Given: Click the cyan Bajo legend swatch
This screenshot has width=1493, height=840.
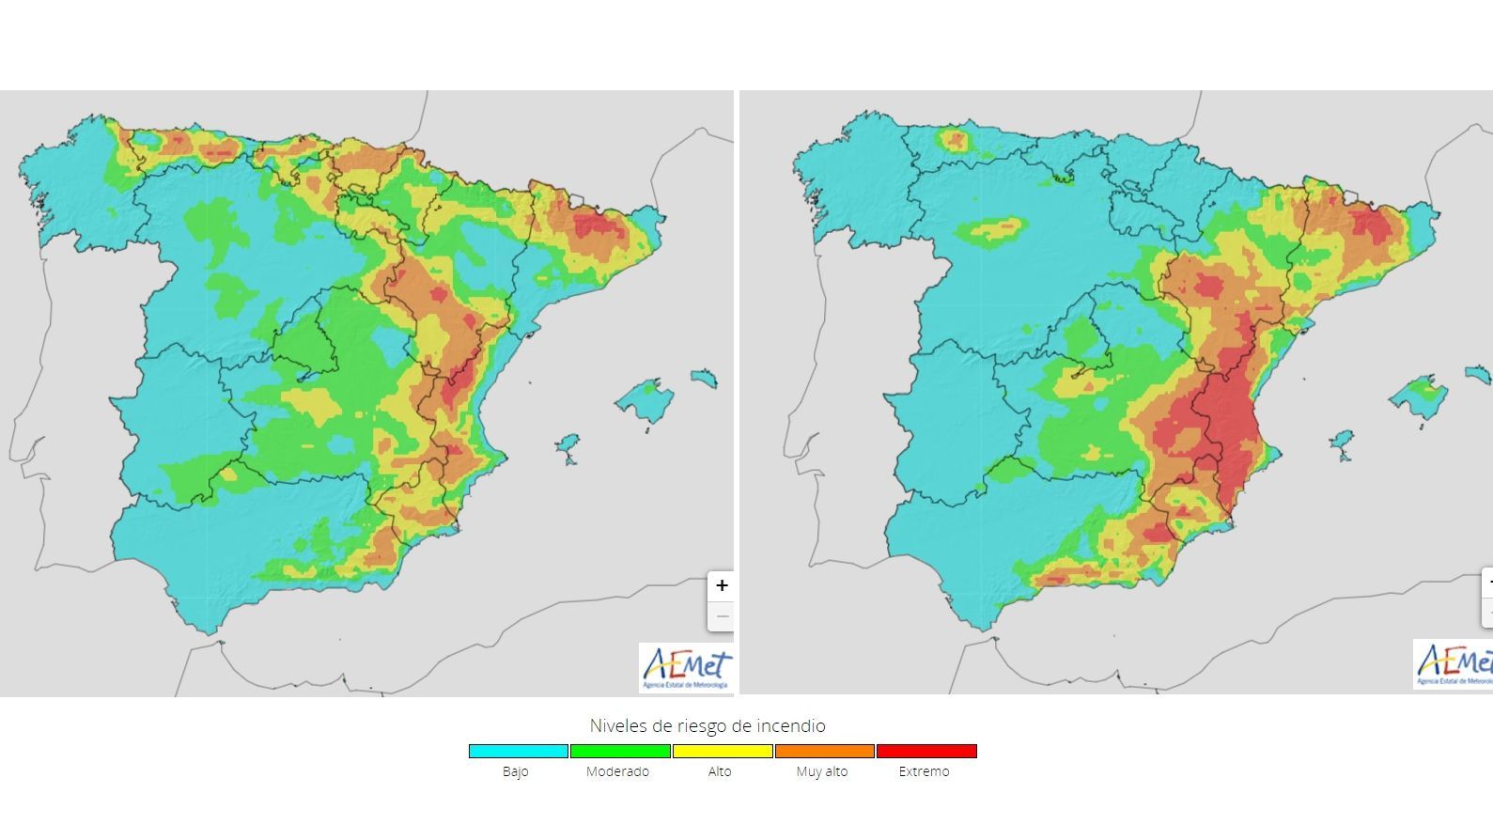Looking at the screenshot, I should pyautogui.click(x=519, y=751).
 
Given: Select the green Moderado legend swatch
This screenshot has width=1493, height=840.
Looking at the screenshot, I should pyautogui.click(x=620, y=751).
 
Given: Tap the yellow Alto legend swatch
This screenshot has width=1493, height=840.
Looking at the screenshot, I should pyautogui.click(x=723, y=751).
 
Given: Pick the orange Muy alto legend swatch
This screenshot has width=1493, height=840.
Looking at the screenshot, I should pyautogui.click(x=824, y=751).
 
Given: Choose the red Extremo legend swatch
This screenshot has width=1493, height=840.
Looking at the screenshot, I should pyautogui.click(x=926, y=751).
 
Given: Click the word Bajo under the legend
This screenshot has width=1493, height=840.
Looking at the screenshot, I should pyautogui.click(x=515, y=771).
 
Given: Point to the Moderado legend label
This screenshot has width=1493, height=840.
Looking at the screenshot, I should pyautogui.click(x=617, y=771).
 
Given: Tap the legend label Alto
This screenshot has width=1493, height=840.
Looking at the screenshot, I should pyautogui.click(x=720, y=771).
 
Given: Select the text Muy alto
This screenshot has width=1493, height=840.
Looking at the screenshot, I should pyautogui.click(x=822, y=771).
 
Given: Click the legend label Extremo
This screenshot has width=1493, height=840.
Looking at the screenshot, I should pyautogui.click(x=924, y=771).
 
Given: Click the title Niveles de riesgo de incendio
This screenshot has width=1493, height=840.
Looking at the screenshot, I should pyautogui.click(x=708, y=725).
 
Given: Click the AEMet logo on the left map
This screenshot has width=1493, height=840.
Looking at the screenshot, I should pyautogui.click(x=686, y=667).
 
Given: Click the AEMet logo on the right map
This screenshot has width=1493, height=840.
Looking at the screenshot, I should pyautogui.click(x=1453, y=664).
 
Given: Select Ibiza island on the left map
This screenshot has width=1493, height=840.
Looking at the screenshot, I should pyautogui.click(x=568, y=446).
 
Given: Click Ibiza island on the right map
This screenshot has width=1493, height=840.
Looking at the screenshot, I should pyautogui.click(x=1342, y=443).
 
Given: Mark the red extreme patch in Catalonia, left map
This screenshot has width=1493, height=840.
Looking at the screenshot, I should pyautogui.click(x=598, y=226).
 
